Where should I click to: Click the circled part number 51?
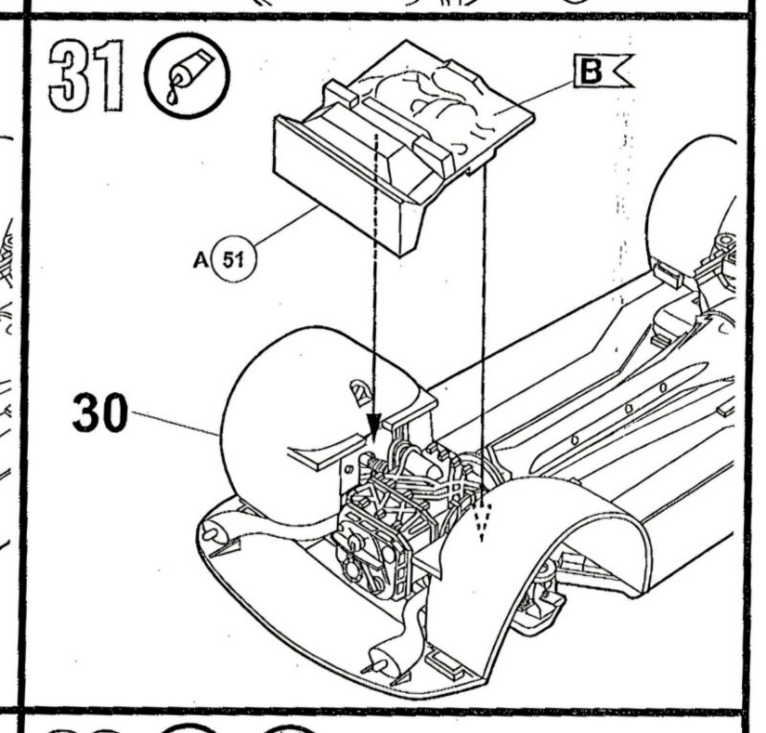[231, 259]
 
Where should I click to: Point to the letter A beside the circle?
[201, 259]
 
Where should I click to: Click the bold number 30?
[99, 414]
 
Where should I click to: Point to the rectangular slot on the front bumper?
[441, 659]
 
